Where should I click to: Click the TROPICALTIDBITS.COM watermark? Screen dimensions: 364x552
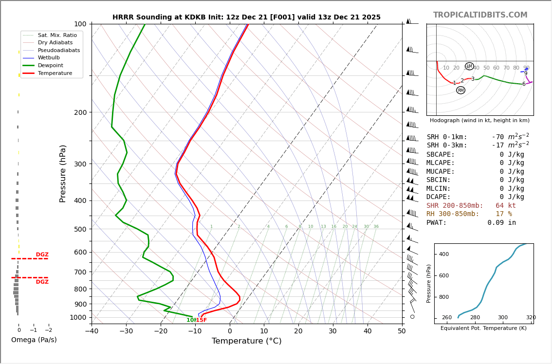pos(480,15)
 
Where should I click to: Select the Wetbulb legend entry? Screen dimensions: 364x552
pos(49,57)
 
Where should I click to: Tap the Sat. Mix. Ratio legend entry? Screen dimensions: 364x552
pos(57,35)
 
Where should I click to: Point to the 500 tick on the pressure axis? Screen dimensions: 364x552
pos(80,229)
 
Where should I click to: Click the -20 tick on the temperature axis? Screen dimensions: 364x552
pos(161,331)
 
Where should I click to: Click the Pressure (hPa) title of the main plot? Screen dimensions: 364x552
pos(63,173)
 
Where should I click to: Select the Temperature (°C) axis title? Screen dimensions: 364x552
pos(246,341)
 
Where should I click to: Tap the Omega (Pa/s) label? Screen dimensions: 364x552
pos(34,340)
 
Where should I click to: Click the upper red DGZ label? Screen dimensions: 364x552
pos(42,255)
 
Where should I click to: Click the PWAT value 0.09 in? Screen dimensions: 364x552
pos(501,223)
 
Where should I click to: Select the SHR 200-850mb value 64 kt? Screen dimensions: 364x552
pos(506,206)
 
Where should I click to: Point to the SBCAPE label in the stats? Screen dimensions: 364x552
pos(441,155)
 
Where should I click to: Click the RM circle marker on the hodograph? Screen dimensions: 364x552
pos(460,90)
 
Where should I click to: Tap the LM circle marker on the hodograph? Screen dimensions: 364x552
pos(469,66)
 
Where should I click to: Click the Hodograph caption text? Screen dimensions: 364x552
pos(479,120)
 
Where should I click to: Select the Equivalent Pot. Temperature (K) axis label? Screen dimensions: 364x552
pos(483,328)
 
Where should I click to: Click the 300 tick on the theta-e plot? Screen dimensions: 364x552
pos(502,318)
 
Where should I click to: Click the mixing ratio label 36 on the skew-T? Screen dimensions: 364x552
pos(376,227)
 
